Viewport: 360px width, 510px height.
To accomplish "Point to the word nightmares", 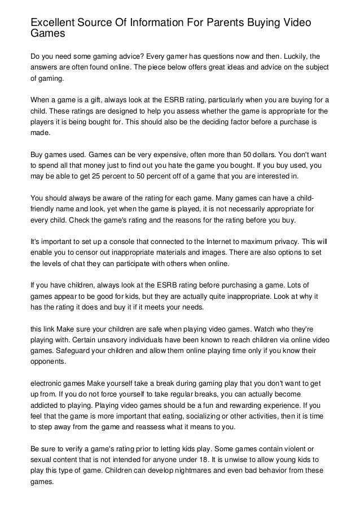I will [193, 470].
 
